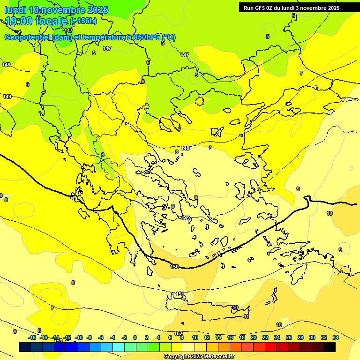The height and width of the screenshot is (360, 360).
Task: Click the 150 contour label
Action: pyautogui.click(x=174, y=267)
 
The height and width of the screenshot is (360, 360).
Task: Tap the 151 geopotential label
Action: pyautogui.click(x=180, y=294)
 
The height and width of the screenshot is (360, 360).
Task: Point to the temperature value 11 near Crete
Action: pyautogui.click(x=246, y=317)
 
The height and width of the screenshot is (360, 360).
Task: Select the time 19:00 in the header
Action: pyautogui.click(x=21, y=21)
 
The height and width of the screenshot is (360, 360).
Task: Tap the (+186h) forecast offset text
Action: pyautogui.click(x=83, y=21)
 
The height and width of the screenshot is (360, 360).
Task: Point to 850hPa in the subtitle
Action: pyautogui.click(x=143, y=37)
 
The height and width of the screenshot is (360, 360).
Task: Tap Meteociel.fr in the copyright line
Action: pyautogui.click(x=216, y=357)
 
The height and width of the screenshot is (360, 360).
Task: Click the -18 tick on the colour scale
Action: pyautogui.click(x=32, y=337)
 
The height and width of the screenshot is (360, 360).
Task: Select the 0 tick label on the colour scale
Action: pyautogui.click(x=135, y=337)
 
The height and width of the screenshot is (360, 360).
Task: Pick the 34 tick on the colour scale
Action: pyautogui.click(x=336, y=337)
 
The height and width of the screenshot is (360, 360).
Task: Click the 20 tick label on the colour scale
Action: pyautogui.click(x=254, y=337)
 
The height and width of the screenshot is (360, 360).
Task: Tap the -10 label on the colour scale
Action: pyautogui.click(x=79, y=337)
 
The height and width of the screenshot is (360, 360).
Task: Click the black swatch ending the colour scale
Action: pyautogui.click(x=330, y=347)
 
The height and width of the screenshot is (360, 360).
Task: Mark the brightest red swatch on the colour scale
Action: pyautogui.click(x=271, y=347)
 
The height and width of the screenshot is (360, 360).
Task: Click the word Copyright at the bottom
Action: pyautogui.click(x=177, y=357)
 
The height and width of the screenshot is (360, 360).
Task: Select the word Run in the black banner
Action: pyautogui.click(x=248, y=8)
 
